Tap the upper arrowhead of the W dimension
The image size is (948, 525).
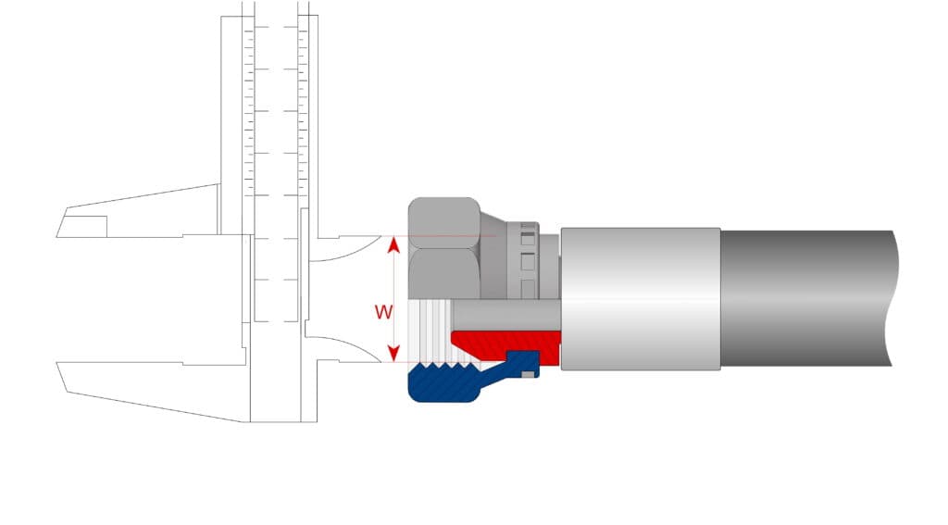pos(393,244)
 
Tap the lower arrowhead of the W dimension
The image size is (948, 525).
pos(393,354)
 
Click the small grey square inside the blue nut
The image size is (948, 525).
pos(527,374)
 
